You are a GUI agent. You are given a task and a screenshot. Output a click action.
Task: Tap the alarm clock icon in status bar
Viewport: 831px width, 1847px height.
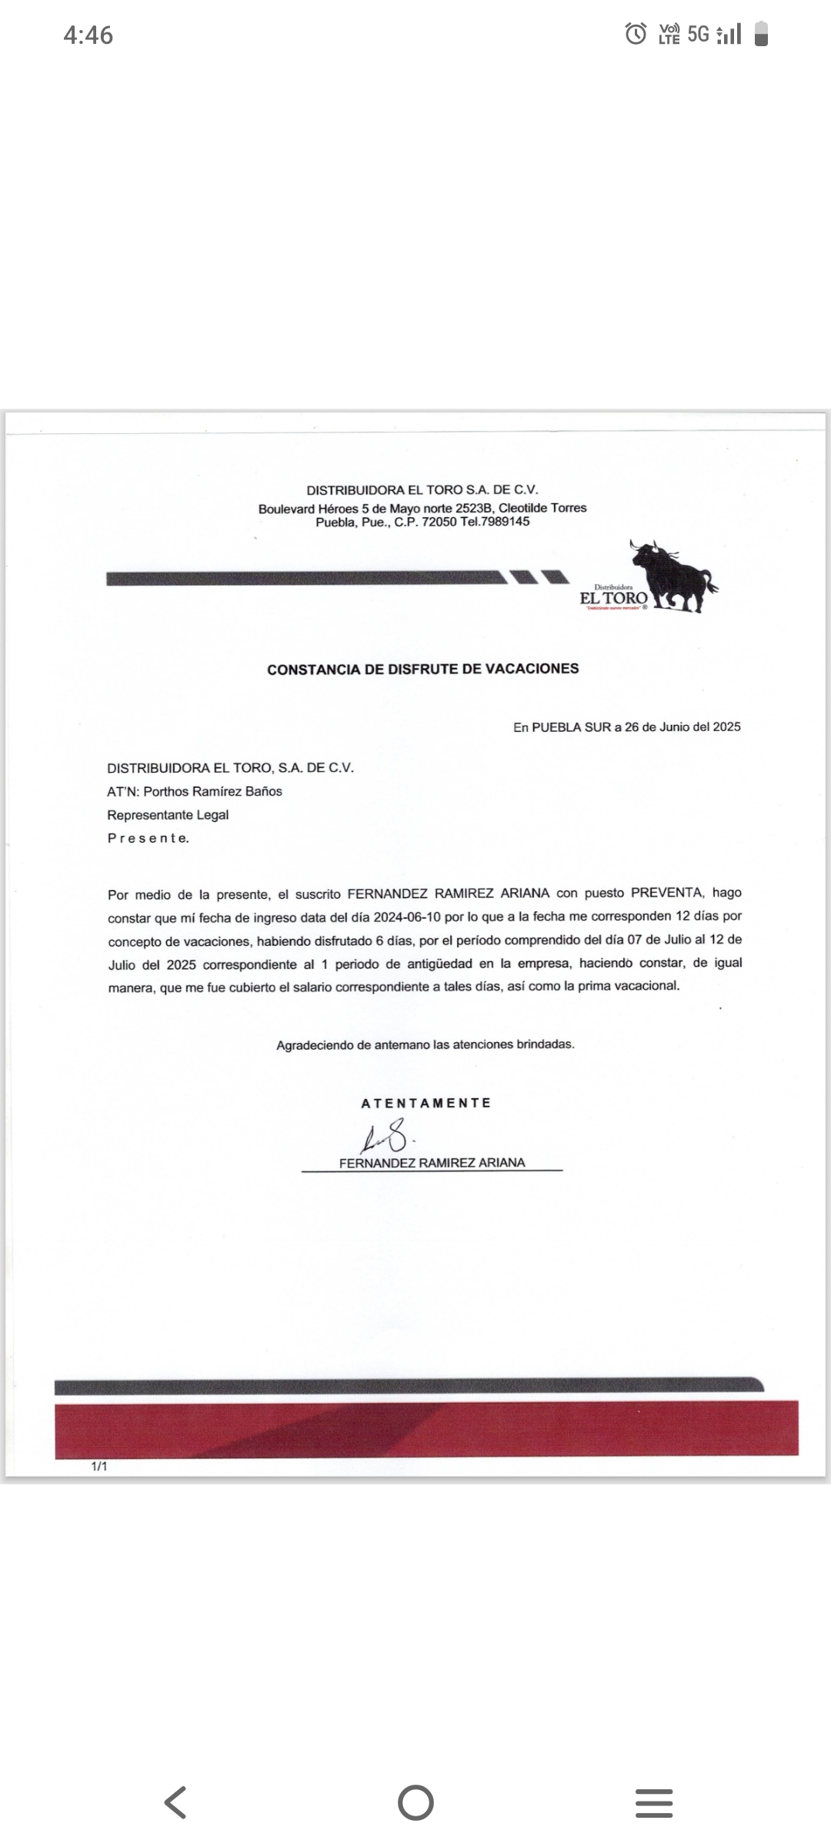[x=636, y=34]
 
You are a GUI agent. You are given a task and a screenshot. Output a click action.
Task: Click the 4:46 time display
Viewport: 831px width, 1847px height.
[x=88, y=35]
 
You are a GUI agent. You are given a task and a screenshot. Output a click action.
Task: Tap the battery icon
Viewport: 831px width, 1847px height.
[x=761, y=35]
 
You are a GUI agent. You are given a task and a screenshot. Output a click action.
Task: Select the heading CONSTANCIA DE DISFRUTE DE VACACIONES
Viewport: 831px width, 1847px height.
[x=422, y=669]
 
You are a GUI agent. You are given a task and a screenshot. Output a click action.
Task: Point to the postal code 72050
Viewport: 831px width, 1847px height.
[x=439, y=522]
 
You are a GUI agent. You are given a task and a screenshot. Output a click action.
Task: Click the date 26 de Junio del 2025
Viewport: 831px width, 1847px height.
[x=682, y=726]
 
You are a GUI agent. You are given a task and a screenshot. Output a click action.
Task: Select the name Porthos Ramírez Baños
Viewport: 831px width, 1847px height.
[x=213, y=791]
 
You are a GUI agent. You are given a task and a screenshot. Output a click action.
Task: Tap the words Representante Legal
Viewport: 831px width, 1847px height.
[x=168, y=815]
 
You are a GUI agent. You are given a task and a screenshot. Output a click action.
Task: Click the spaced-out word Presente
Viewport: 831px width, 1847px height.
[x=148, y=838]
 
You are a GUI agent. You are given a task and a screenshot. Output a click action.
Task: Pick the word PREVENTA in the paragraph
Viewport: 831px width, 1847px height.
[x=666, y=893]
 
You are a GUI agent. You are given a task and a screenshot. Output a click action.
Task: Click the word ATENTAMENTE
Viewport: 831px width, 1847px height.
[x=426, y=1103]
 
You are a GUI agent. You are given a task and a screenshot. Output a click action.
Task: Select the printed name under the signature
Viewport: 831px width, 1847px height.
[x=432, y=1163]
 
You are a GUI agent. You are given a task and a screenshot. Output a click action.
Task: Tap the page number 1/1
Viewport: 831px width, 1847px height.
[x=99, y=1466]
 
